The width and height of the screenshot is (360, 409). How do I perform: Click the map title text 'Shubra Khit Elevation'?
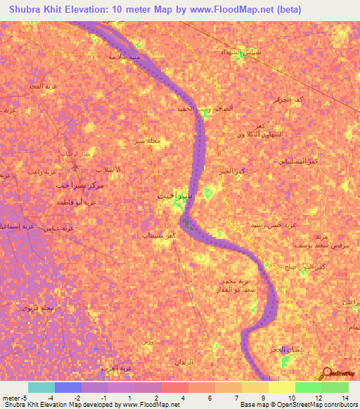click(x=63, y=9)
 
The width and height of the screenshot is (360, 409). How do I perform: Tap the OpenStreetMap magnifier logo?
click(x=326, y=374)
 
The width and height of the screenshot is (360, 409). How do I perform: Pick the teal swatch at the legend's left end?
click(x=41, y=387)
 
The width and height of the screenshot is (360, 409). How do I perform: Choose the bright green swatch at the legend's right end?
click(x=335, y=387)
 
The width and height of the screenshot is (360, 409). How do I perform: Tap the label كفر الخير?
click(x=231, y=171)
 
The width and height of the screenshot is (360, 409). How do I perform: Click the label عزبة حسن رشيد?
click(x=277, y=224)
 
